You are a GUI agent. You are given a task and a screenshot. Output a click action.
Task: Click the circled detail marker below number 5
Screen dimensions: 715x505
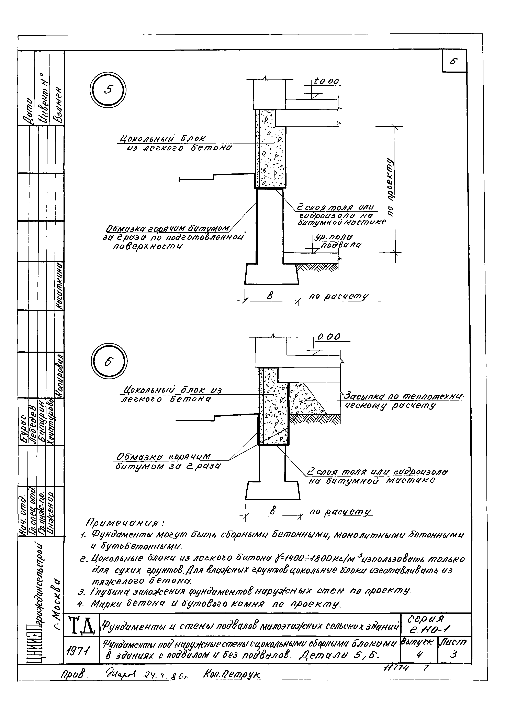coord(110,362)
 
